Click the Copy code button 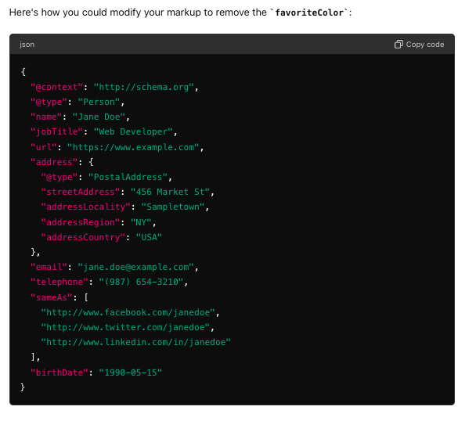pyautogui.click(x=419, y=45)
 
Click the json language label pyautogui.click(x=27, y=45)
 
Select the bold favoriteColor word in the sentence pyautogui.click(x=309, y=13)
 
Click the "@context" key pyautogui.click(x=56, y=87)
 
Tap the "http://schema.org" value pyautogui.click(x=143, y=87)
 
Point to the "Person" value pyautogui.click(x=99, y=102)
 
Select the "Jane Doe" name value pyautogui.click(x=99, y=117)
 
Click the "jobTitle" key pyautogui.click(x=56, y=131)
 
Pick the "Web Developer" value pyautogui.click(x=133, y=131)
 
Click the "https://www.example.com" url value pyautogui.click(x=133, y=147)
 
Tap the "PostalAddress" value pyautogui.click(x=128, y=177)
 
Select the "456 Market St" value pyautogui.click(x=170, y=192)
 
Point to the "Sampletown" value pyautogui.click(x=173, y=207)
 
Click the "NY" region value pyautogui.click(x=141, y=222)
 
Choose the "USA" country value pyautogui.click(x=149, y=237)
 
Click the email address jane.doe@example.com pyautogui.click(x=135, y=267)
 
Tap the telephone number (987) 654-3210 pyautogui.click(x=141, y=282)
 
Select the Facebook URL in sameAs pyautogui.click(x=128, y=312)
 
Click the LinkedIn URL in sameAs pyautogui.click(x=135, y=342)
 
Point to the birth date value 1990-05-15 pyautogui.click(x=131, y=372)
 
